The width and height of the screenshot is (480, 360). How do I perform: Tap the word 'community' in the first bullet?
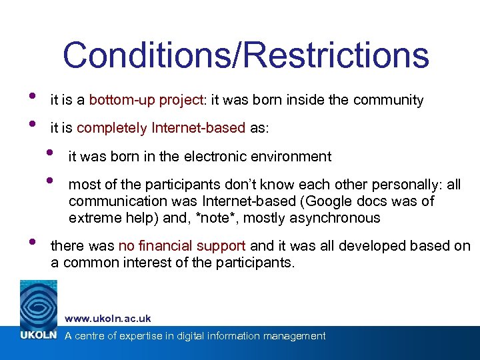click(388, 100)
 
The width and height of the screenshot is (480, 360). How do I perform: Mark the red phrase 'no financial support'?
click(182, 245)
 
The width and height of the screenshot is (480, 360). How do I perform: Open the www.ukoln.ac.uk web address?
click(108, 319)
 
